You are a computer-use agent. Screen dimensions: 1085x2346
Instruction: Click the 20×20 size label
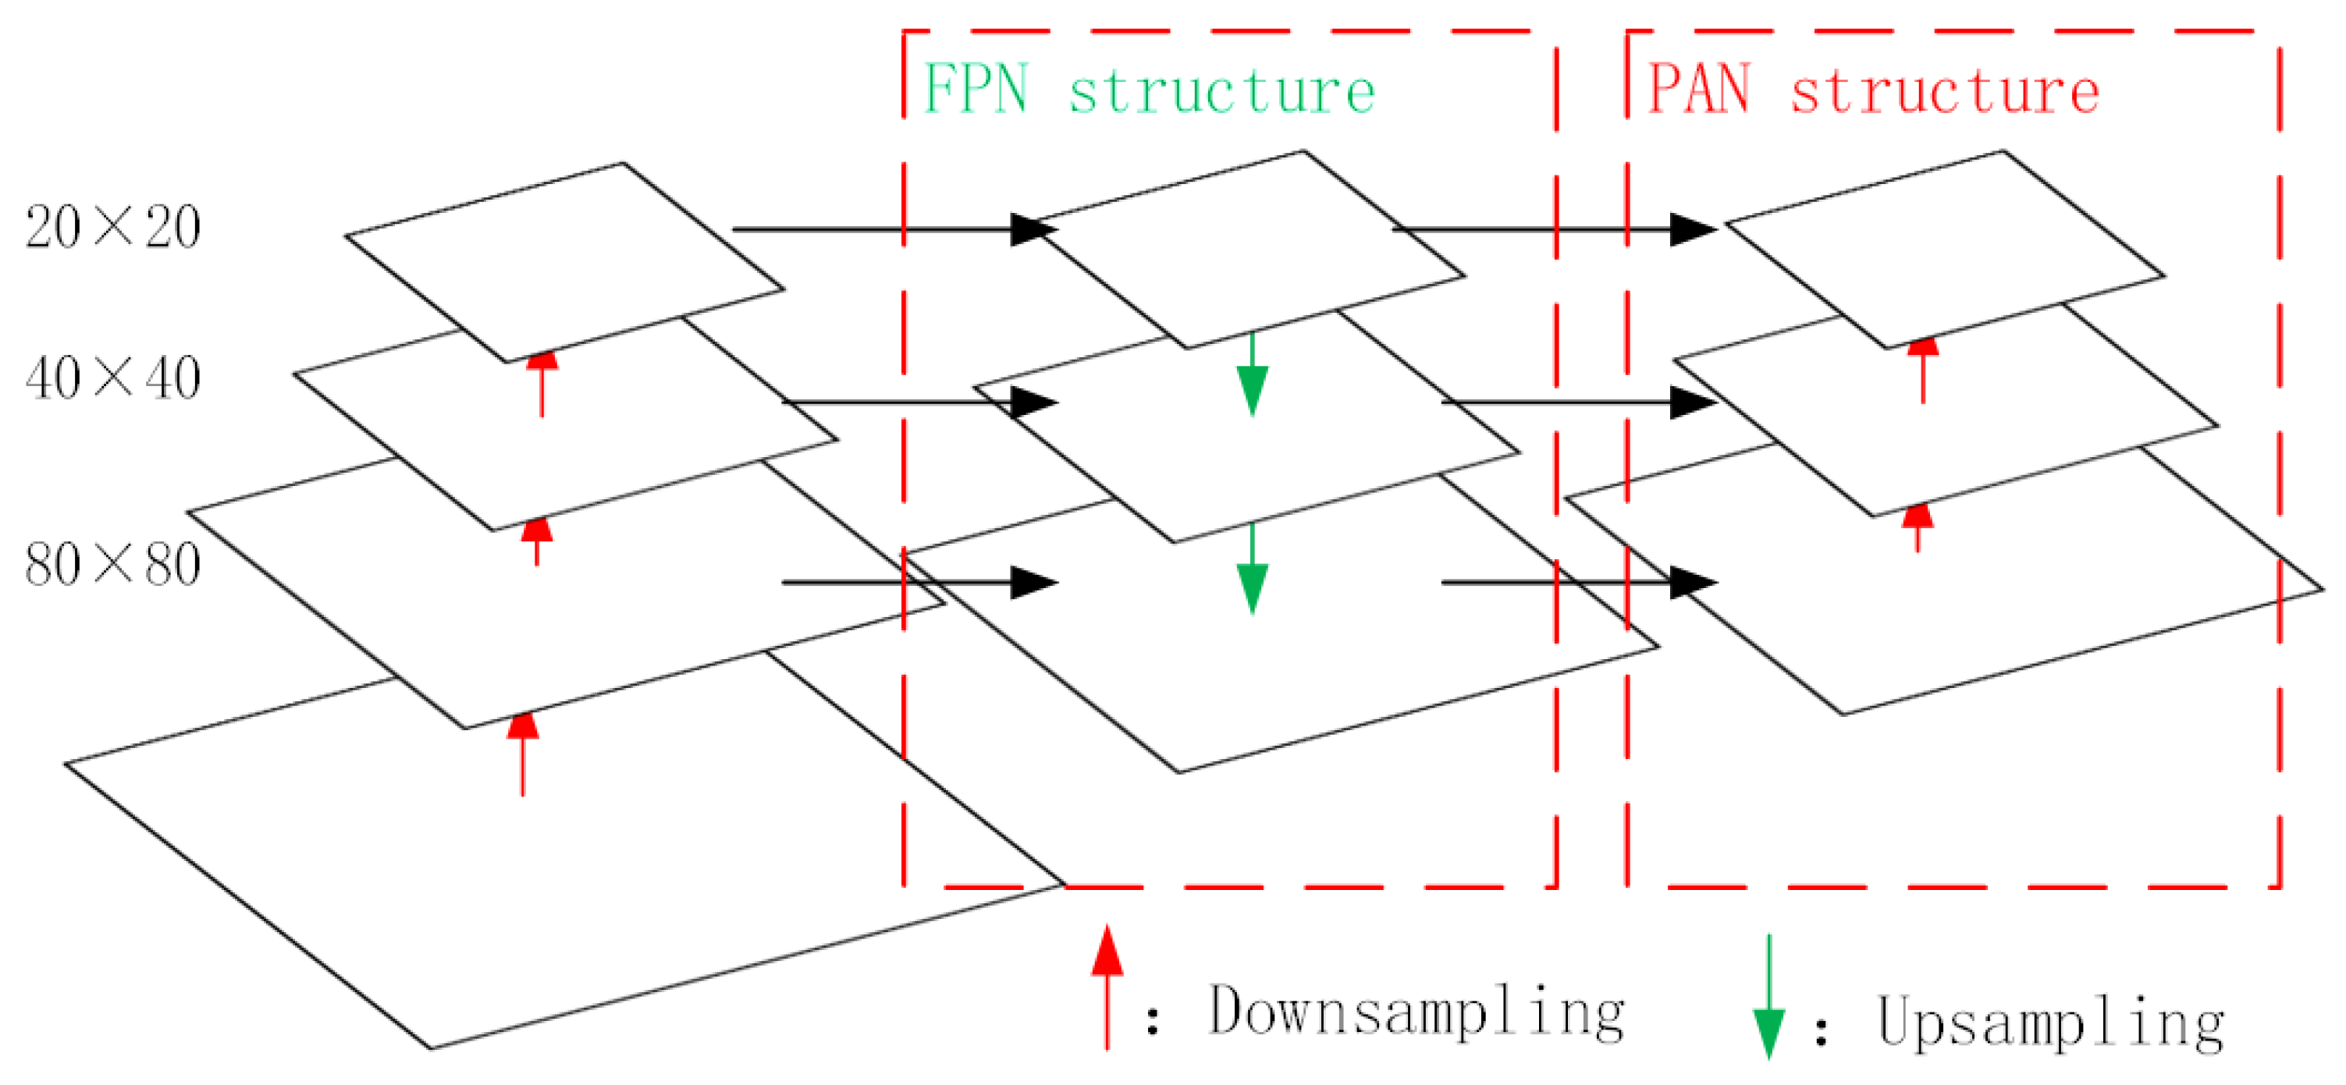click(113, 228)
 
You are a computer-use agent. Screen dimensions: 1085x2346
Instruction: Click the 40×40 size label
click(113, 378)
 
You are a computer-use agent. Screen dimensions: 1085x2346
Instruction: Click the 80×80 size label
click(113, 566)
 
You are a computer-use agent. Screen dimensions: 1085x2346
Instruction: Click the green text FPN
click(976, 90)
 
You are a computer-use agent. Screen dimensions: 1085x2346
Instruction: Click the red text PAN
click(1699, 90)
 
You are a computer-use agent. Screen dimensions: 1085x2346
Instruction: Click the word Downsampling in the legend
click(1416, 1012)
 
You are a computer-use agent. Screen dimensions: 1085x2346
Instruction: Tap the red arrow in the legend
click(1107, 987)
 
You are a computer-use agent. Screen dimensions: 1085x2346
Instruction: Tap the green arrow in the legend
click(1768, 998)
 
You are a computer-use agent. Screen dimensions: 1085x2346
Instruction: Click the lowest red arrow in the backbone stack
click(523, 753)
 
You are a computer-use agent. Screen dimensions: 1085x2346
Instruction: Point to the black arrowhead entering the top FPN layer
click(1033, 229)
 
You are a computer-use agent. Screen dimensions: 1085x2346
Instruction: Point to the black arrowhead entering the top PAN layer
click(1692, 229)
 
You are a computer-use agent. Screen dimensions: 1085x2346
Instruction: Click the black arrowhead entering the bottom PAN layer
click(1692, 583)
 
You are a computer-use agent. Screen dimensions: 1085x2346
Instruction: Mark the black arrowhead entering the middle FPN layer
click(1033, 402)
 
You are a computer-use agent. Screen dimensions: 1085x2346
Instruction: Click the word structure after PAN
click(1944, 92)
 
